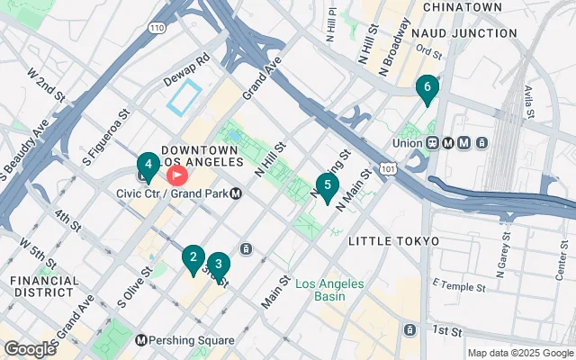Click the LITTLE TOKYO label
click(393, 241)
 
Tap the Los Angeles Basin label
click(329, 290)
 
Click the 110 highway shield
click(157, 29)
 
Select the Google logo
click(30, 348)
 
